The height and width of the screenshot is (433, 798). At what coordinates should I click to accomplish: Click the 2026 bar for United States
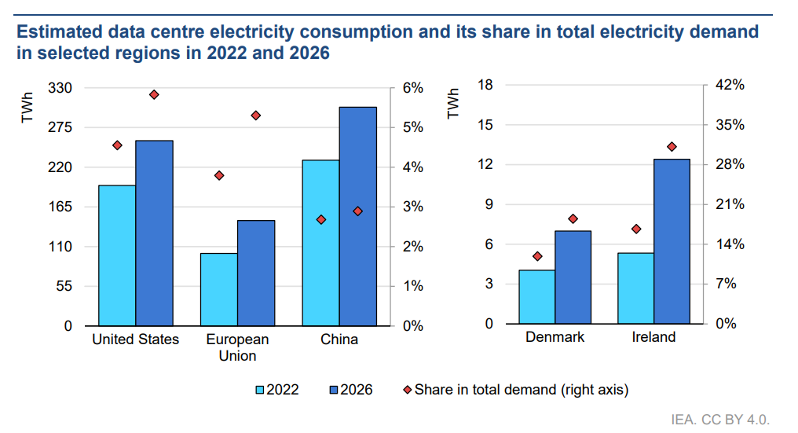point(154,233)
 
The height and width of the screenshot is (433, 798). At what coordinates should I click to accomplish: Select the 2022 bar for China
point(320,243)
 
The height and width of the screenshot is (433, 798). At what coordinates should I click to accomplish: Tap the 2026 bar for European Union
point(256,273)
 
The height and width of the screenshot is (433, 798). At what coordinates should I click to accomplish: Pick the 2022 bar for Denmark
point(537,296)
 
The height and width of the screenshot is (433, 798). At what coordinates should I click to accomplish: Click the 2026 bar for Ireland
point(672,241)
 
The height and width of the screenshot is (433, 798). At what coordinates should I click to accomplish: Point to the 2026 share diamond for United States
point(154,95)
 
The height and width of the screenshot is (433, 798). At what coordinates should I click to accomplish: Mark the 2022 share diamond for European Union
point(219,176)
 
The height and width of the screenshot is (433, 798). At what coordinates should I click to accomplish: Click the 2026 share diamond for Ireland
point(672,147)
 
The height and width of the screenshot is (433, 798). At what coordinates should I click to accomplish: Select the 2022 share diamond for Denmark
point(537,256)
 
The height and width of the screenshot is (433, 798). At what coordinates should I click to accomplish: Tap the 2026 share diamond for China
point(358,211)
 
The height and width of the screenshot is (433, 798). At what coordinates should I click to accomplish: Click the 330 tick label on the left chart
point(60,87)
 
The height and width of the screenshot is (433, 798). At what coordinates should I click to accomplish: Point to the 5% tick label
point(412,127)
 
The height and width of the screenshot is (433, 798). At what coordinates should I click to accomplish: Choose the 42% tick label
point(730,85)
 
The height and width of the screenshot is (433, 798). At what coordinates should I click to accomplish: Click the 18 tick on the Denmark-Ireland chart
point(485,85)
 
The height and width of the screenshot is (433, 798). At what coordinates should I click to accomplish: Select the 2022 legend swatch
point(259,391)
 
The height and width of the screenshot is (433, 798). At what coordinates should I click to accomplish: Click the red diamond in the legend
point(407,390)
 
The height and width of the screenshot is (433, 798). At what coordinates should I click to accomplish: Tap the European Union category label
point(238,347)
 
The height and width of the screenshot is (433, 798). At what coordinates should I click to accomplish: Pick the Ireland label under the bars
point(654,337)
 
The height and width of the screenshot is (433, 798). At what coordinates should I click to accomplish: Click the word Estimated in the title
point(60,31)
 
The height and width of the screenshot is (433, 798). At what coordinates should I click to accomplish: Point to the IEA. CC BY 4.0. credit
point(720,419)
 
